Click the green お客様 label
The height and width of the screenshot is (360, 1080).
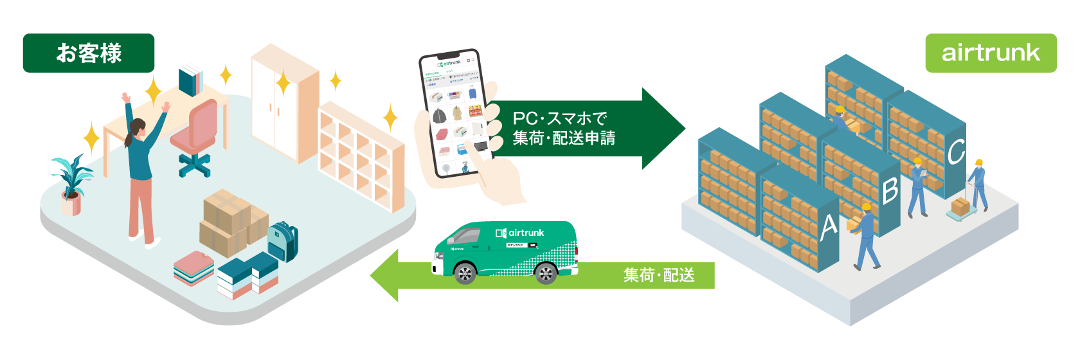click(x=89, y=53)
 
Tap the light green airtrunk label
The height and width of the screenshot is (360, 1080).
click(x=991, y=53)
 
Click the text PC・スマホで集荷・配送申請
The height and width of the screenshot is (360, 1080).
click(x=563, y=128)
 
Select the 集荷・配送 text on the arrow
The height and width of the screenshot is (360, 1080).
click(x=659, y=275)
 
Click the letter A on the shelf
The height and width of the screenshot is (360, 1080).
click(x=829, y=227)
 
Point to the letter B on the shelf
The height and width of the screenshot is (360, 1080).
click(x=890, y=190)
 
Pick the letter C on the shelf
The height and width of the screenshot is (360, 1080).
click(x=955, y=152)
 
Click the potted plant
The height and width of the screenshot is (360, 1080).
click(x=71, y=184)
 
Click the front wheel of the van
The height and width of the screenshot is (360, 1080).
click(x=464, y=274)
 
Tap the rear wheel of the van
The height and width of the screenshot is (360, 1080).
click(x=545, y=274)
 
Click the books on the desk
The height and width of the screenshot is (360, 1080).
click(x=191, y=79)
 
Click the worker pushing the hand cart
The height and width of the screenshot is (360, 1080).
click(x=978, y=183)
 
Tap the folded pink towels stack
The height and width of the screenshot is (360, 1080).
click(x=194, y=267)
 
